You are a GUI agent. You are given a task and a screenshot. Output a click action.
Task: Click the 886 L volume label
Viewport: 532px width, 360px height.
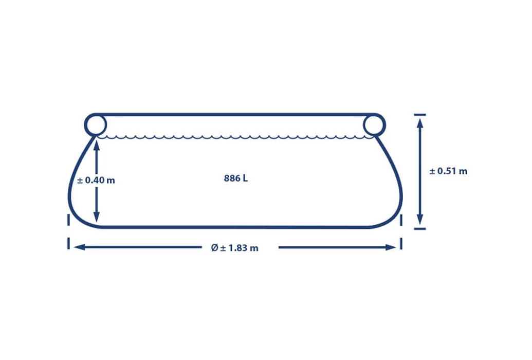pyautogui.click(x=236, y=178)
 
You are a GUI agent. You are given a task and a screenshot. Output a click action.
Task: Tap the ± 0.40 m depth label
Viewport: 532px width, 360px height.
pyautogui.click(x=96, y=180)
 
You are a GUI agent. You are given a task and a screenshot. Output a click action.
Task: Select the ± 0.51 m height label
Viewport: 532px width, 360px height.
pyautogui.click(x=448, y=171)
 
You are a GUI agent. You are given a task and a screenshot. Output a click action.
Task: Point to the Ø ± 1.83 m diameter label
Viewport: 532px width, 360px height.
pyautogui.click(x=234, y=248)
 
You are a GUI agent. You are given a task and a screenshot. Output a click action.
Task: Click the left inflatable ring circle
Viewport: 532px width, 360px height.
pyautogui.click(x=85, y=125)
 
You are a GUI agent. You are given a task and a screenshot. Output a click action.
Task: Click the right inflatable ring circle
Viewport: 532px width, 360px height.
pyautogui.click(x=385, y=125)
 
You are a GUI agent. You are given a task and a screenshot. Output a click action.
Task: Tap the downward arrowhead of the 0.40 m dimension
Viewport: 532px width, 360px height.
pyautogui.click(x=97, y=218)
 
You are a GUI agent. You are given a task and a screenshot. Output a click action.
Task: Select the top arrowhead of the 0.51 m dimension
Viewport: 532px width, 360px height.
pyautogui.click(x=420, y=122)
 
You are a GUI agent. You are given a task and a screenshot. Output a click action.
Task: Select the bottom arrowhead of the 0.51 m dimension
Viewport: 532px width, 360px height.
pyautogui.click(x=420, y=220)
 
